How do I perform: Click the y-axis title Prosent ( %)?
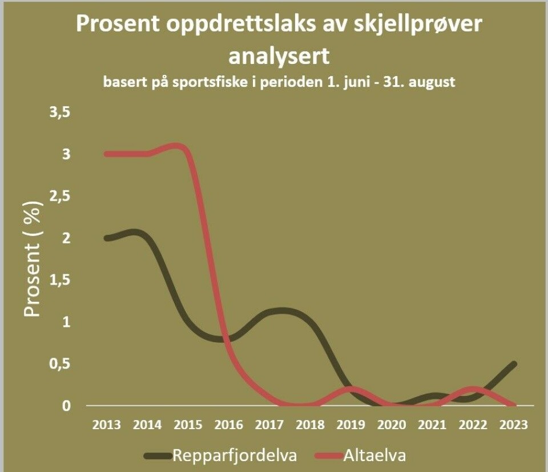pos(33,258)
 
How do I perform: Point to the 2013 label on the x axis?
pos(106,425)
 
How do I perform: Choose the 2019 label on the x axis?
pos(351,425)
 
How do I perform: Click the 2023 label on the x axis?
pos(514,425)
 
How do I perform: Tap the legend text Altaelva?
pos(374,455)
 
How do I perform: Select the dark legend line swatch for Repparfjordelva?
pos(158,455)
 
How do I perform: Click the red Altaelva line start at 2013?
pos(106,154)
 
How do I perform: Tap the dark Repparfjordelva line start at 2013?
pos(106,238)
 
